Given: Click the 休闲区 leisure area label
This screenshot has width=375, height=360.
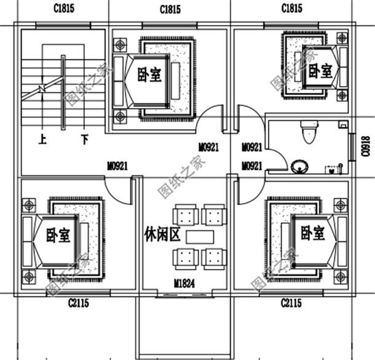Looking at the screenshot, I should pyautogui.click(x=161, y=235).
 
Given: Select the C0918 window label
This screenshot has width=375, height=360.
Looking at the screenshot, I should pyautogui.click(x=365, y=147).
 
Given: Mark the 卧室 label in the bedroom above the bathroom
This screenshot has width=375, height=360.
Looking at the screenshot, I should pyautogui.click(x=320, y=70).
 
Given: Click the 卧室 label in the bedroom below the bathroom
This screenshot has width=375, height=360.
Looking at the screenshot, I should pyautogui.click(x=312, y=233).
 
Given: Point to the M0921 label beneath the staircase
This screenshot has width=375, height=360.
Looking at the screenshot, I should pyautogui.click(x=117, y=166).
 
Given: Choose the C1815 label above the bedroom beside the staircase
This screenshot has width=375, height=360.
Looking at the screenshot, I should pyautogui.click(x=170, y=9).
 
